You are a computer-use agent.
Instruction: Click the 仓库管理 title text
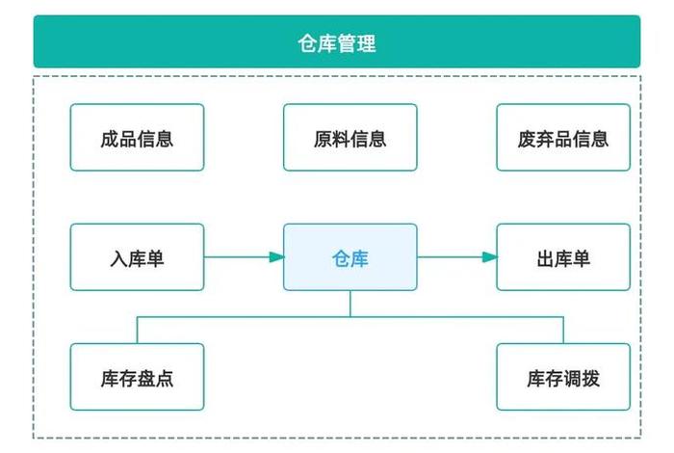point(337,42)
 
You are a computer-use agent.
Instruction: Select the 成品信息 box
point(137,138)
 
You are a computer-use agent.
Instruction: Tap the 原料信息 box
point(350,138)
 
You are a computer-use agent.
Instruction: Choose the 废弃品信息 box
point(563,138)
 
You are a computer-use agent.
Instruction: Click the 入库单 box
point(137,257)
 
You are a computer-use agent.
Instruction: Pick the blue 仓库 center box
point(350,257)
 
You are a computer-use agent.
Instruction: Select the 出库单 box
point(563,257)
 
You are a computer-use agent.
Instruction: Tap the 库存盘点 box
point(137,377)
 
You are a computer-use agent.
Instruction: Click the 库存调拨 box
point(563,377)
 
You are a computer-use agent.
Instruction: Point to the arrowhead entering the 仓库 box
point(276,257)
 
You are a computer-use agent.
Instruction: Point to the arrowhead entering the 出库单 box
point(490,257)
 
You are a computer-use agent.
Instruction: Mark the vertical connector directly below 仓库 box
point(350,303)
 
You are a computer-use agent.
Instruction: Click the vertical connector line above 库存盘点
point(137,330)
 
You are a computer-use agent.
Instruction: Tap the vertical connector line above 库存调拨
point(563,330)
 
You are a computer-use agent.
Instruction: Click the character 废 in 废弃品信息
point(527,138)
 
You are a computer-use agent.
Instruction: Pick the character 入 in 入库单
point(118,258)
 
